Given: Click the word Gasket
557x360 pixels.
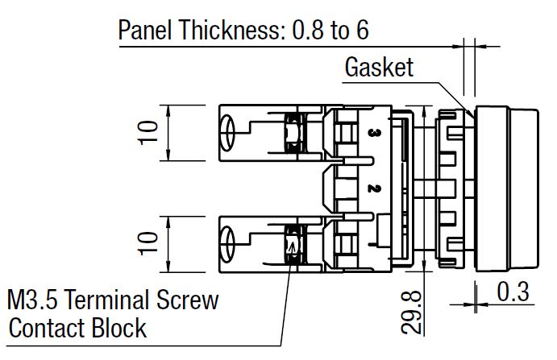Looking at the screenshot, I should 379,67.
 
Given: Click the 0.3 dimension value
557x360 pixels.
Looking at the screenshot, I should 513,292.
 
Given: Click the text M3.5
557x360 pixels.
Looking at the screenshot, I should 35,301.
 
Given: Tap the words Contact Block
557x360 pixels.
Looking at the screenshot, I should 77,329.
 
